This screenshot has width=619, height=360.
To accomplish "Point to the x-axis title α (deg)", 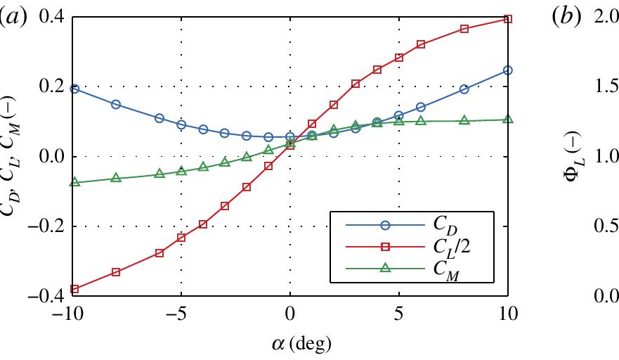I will click(290, 345).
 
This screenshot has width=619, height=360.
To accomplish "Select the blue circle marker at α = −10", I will click(74, 89).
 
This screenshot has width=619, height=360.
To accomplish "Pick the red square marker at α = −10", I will click(74, 289).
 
